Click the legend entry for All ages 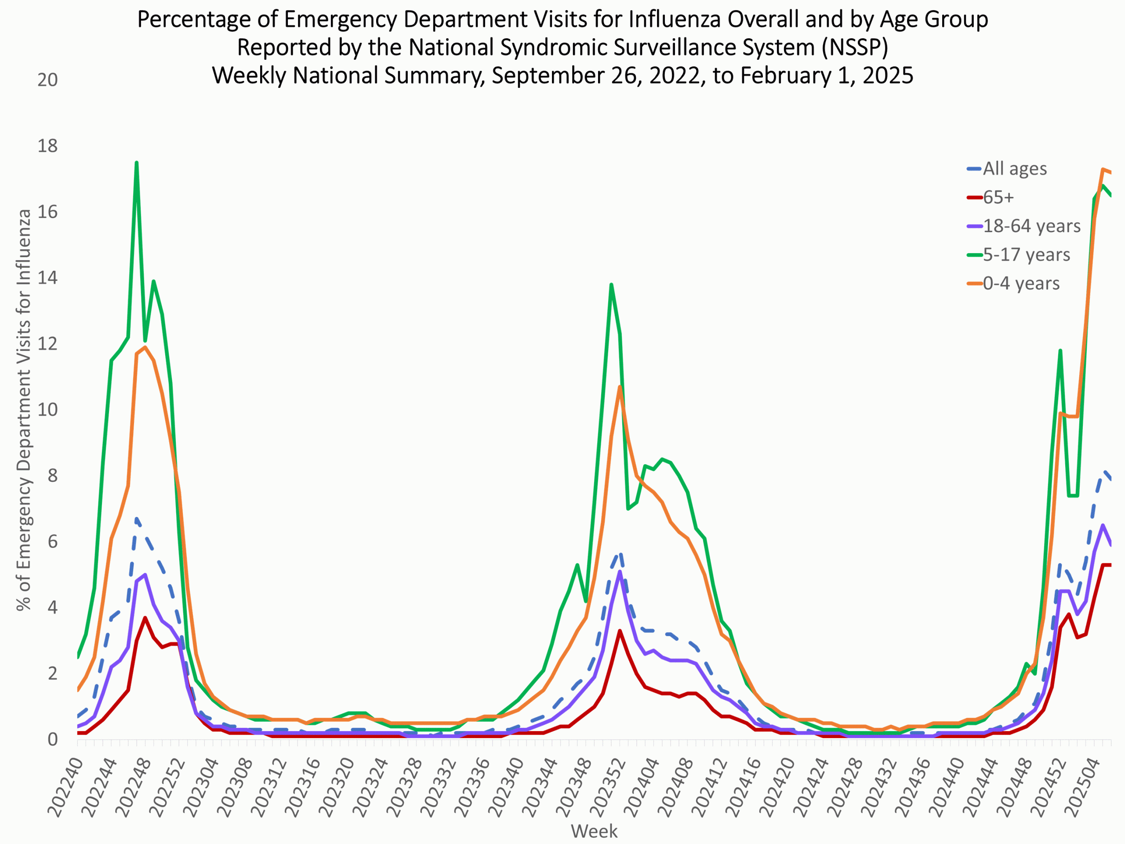tap(1014, 168)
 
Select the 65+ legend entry tap(998, 197)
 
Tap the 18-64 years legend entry tap(1031, 226)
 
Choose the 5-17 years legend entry tap(1026, 255)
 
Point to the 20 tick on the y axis tap(47, 80)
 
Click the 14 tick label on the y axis tap(47, 278)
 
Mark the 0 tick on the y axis tap(52, 739)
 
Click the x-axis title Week tap(594, 831)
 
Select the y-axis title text tap(23, 410)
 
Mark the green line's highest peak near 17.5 tap(136, 162)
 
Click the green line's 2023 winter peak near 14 tap(611, 284)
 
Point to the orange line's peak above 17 tap(1103, 169)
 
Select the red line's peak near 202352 tap(620, 631)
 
